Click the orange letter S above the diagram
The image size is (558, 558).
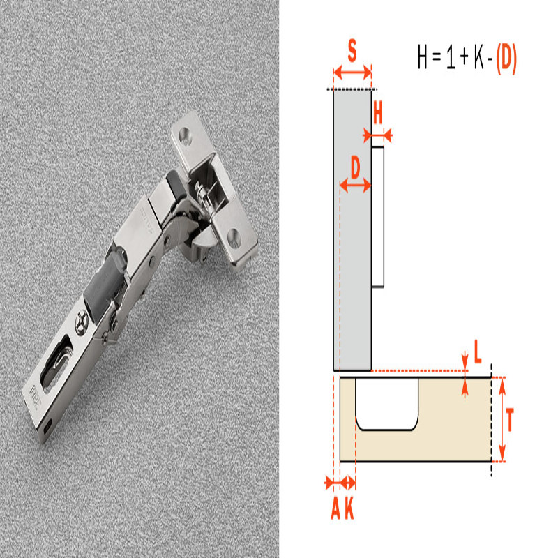click(x=352, y=51)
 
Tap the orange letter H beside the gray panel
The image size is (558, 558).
click(x=378, y=112)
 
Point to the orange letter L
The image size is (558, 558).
click(x=478, y=352)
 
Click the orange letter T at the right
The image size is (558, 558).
click(x=510, y=421)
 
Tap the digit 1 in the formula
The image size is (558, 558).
click(x=451, y=57)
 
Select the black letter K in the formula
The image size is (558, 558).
click(x=478, y=57)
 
